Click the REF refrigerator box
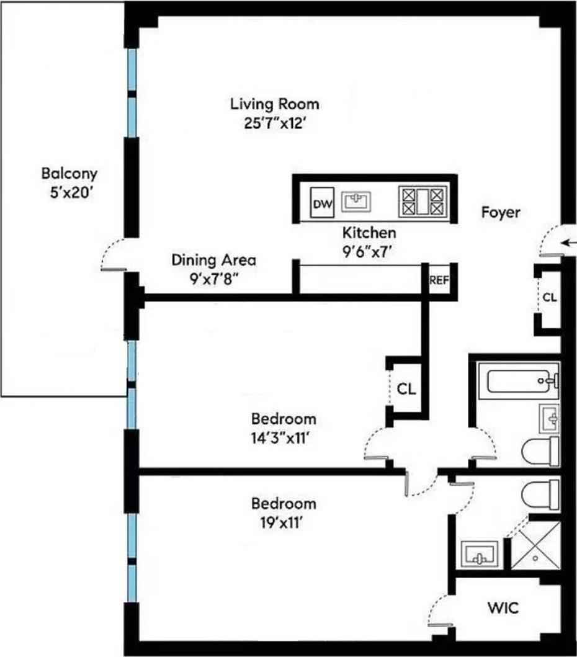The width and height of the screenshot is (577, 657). tap(439, 279)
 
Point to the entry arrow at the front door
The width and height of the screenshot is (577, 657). tap(568, 242)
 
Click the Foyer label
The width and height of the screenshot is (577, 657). tap(501, 212)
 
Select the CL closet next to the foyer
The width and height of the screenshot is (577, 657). tap(550, 297)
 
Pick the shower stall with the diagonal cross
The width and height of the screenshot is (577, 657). tap(535, 545)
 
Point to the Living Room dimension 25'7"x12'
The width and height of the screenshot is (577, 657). tap(274, 122)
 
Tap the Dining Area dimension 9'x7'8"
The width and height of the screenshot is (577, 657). tap(213, 277)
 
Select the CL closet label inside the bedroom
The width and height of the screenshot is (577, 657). tap(406, 390)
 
